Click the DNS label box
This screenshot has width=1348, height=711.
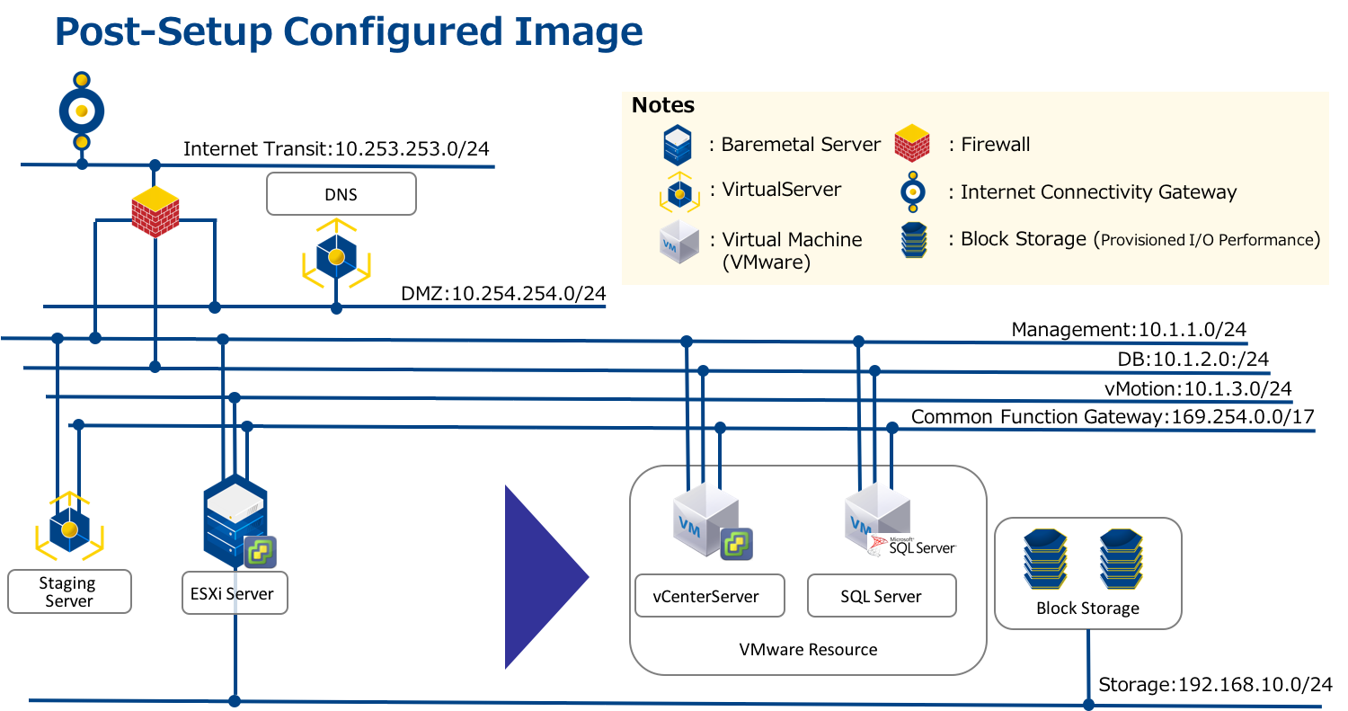click(x=341, y=194)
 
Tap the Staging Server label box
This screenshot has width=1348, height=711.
click(x=69, y=592)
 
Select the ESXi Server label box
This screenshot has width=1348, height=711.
click(x=234, y=594)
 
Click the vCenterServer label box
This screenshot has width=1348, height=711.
click(x=709, y=596)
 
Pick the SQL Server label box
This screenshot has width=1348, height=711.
click(x=881, y=597)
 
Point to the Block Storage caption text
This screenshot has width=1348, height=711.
click(x=1087, y=609)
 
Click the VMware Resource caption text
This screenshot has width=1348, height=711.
click(x=808, y=650)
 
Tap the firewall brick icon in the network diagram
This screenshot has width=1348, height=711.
click(x=155, y=213)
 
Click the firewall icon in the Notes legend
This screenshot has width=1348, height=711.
click(x=911, y=145)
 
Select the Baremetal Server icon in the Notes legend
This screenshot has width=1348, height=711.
click(x=678, y=145)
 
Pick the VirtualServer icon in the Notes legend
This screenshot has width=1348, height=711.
click(x=679, y=191)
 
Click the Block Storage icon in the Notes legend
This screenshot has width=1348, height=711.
click(x=912, y=240)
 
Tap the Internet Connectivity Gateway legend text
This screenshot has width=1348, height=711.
click(x=1098, y=192)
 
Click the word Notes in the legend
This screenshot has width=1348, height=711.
click(x=663, y=105)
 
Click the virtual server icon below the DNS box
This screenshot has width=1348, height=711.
click(x=336, y=256)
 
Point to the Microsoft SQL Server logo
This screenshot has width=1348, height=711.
click(x=912, y=546)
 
